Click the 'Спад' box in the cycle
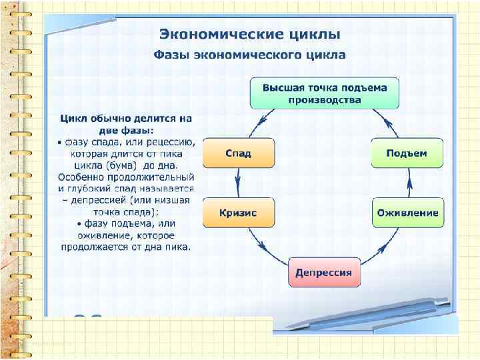pos(238,153)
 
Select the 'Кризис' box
pos(238,213)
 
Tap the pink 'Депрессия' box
pos(324,273)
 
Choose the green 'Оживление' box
pos(407,213)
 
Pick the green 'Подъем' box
pos(407,153)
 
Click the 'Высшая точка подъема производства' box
pos(325,93)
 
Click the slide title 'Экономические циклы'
pos(249,33)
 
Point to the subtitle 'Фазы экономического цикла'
pos(250,55)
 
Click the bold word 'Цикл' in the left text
pos(73,119)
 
